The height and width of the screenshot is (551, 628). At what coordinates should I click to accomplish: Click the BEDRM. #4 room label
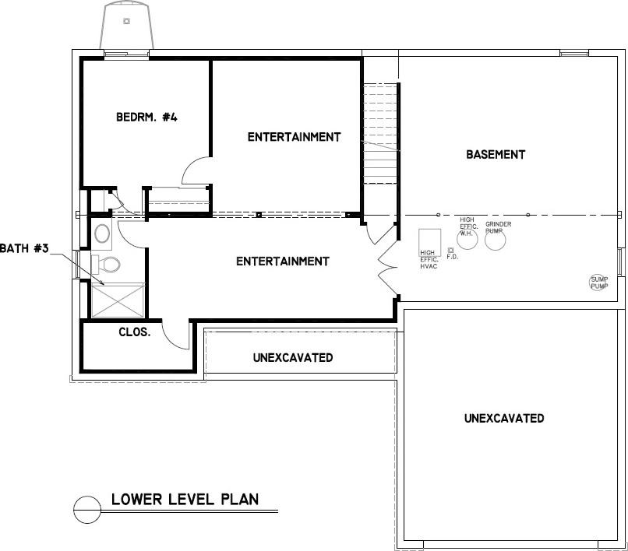[147, 118]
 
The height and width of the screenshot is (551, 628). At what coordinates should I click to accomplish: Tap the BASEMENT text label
[496, 154]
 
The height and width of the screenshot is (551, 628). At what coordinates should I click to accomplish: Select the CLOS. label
[134, 332]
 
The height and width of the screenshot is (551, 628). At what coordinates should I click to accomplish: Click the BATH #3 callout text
[25, 248]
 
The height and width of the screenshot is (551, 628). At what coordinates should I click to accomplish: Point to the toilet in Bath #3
[109, 265]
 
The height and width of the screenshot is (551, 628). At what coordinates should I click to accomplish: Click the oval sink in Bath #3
[102, 233]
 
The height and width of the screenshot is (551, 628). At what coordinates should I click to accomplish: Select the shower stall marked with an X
[118, 300]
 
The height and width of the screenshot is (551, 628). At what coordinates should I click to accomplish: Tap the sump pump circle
[598, 283]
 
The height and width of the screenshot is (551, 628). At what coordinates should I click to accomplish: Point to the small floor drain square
[451, 250]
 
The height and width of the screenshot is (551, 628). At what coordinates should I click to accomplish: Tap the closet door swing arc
[176, 333]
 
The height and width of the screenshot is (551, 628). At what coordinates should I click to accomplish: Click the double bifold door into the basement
[386, 265]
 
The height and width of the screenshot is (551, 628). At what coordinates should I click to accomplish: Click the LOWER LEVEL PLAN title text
[185, 498]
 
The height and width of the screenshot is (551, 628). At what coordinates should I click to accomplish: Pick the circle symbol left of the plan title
[87, 510]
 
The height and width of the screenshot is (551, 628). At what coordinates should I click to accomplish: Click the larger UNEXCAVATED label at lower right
[504, 418]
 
